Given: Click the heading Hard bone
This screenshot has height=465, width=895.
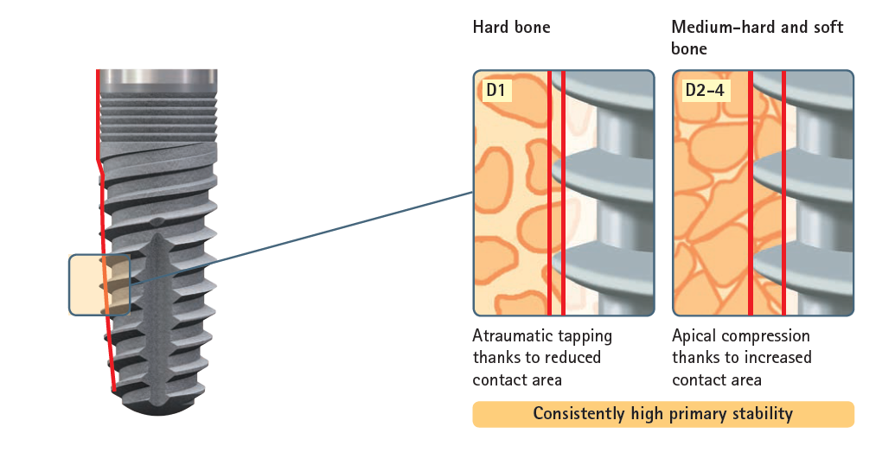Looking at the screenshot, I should click(511, 27).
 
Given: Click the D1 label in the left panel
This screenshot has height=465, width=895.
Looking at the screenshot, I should click(496, 89).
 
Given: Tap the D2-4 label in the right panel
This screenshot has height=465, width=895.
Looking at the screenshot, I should click(703, 89).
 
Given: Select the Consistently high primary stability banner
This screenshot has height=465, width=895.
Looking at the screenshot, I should click(662, 414).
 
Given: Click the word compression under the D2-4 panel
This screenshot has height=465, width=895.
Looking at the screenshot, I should click(767, 336).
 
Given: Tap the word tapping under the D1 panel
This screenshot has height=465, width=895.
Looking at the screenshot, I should click(587, 336).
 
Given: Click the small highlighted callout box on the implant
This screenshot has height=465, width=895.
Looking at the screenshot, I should click(98, 284).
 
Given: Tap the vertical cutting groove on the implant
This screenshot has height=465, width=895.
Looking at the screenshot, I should click(157, 311).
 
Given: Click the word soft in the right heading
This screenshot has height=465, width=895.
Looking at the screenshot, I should click(827, 27).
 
